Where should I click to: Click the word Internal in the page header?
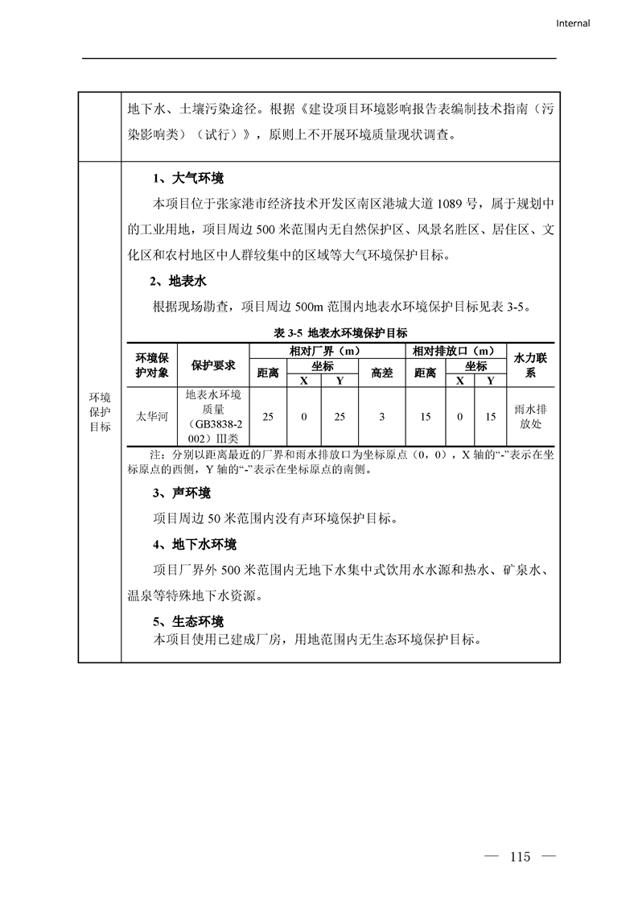573,23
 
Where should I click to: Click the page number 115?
520,856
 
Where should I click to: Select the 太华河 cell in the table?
151,416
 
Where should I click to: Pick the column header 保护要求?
213,365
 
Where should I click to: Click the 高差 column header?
382,372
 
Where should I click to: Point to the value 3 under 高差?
382,416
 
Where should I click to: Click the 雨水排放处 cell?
530,416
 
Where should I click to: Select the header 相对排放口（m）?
453,351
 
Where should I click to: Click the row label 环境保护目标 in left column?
100,412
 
